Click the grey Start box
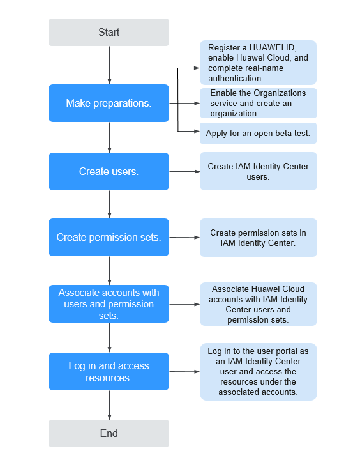tap(109, 33)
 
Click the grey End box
tap(109, 433)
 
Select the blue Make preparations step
tap(109, 103)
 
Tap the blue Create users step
tap(109, 172)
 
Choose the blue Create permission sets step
tap(109, 237)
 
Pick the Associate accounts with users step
tap(109, 304)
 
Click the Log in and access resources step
tap(109, 371)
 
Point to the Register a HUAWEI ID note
tap(259, 63)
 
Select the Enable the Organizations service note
tap(259, 103)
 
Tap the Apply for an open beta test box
tap(259, 133)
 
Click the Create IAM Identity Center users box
tap(259, 171)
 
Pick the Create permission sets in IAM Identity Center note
tap(259, 238)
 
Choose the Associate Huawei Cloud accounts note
tap(259, 304)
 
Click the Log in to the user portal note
tap(259, 372)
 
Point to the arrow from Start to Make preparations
tap(110, 65)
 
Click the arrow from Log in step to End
tap(110, 405)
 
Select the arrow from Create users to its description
tap(184, 172)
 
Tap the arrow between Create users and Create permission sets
tap(110, 204)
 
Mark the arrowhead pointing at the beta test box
tap(197, 132)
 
